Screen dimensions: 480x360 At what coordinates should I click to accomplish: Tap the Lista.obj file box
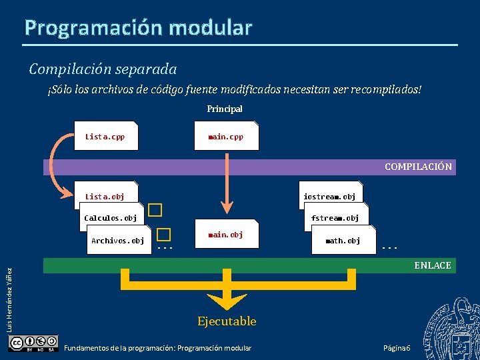pos(105,196)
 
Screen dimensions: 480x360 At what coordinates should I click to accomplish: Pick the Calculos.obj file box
pos(111,217)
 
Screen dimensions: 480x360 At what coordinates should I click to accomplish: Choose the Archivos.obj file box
pos(118,240)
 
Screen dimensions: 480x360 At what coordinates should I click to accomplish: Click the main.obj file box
pos(225,234)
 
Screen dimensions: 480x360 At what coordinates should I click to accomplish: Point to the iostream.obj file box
pos(329,196)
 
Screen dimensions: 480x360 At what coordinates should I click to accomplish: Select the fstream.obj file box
pos(335,217)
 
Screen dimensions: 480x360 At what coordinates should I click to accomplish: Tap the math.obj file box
pos(343,240)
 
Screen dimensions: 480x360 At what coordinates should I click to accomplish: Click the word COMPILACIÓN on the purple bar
pos(418,167)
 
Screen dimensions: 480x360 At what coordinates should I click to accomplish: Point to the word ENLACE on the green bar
pos(432,265)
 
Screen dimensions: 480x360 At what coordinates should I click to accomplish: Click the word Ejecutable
pos(227,321)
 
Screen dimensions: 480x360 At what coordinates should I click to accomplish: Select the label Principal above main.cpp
pos(225,108)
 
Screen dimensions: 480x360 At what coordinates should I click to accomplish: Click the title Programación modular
pos(139,27)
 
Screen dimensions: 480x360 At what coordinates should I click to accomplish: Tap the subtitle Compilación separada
pos(103,69)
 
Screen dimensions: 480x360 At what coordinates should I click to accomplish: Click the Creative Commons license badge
pos(33,343)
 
